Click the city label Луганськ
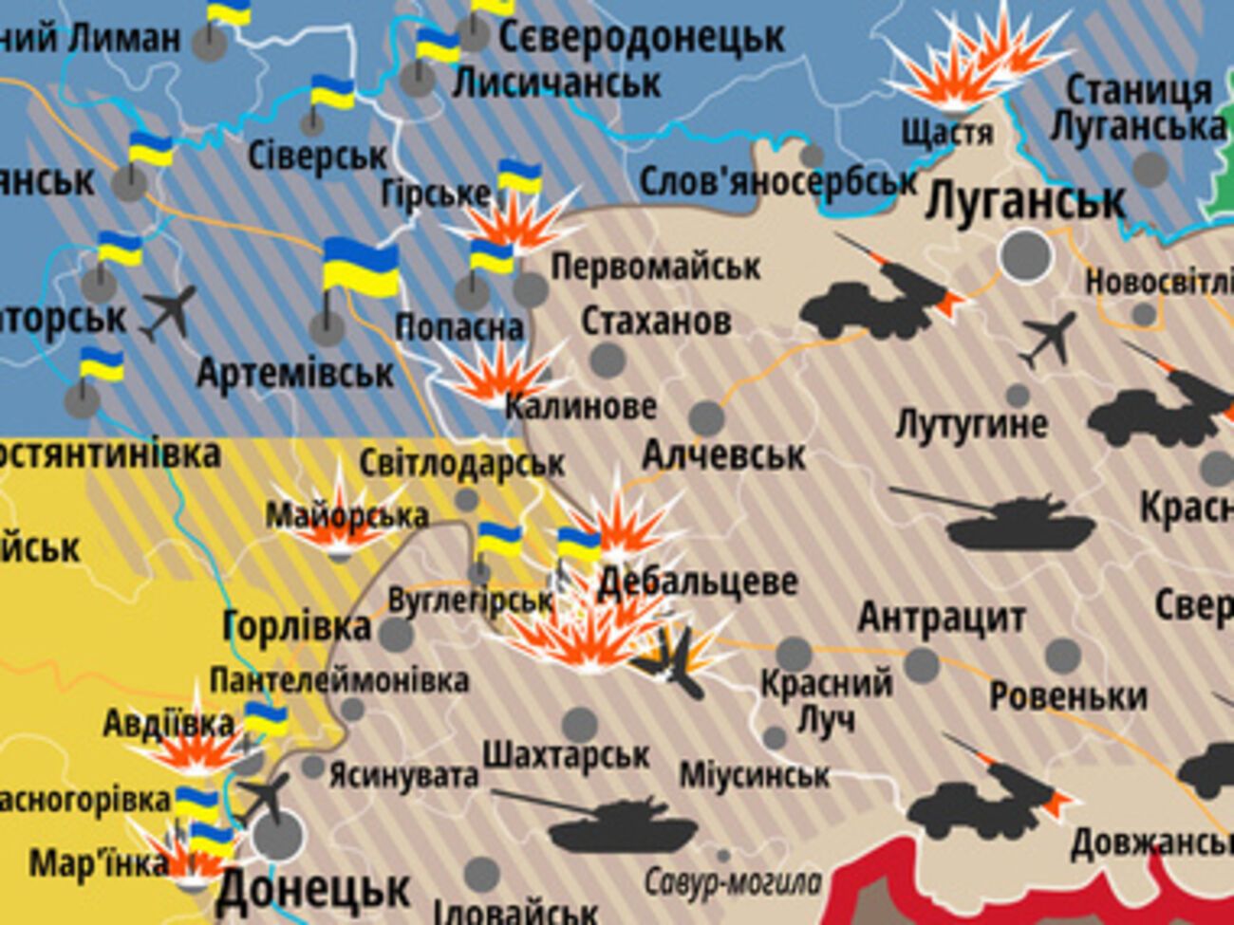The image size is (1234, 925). click(x=1025, y=201)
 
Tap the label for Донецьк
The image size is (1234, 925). click(x=313, y=890)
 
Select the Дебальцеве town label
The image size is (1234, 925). click(x=698, y=581)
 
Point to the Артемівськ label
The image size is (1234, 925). click(x=294, y=373)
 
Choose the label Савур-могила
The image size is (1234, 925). click(x=732, y=882)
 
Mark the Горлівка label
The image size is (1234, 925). click(x=296, y=626)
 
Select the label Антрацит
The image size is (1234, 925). click(x=941, y=618)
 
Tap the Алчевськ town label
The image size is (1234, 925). click(x=723, y=455)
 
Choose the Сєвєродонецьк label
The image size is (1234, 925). click(x=641, y=38)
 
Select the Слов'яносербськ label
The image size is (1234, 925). click(x=778, y=182)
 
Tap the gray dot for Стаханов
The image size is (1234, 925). click(x=608, y=360)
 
